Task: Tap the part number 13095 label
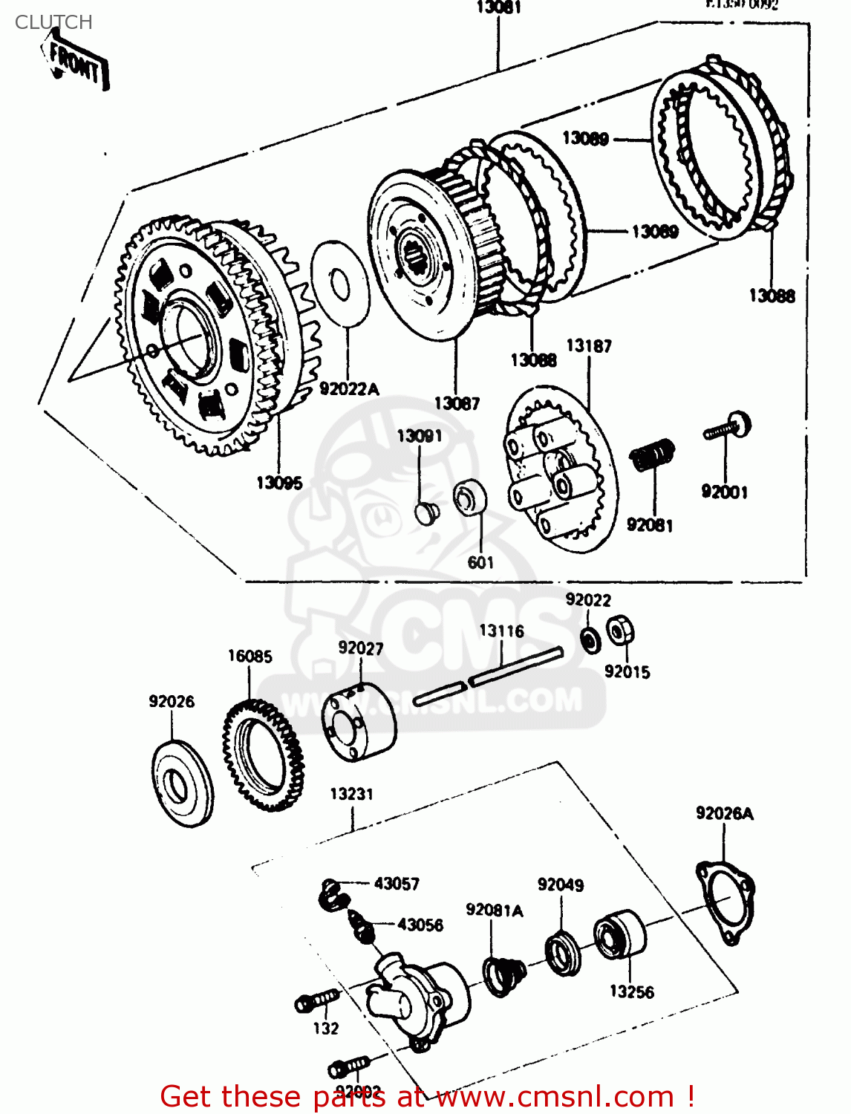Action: click(x=279, y=483)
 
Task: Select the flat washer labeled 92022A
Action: click(x=340, y=283)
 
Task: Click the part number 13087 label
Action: click(x=457, y=403)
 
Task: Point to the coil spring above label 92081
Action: click(x=653, y=454)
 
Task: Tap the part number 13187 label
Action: click(x=589, y=346)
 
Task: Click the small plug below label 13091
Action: click(x=426, y=512)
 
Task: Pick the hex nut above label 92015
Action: click(x=619, y=631)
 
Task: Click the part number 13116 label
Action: click(x=501, y=631)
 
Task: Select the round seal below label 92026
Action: click(x=181, y=783)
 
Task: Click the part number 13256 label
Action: click(x=631, y=991)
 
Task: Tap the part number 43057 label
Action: click(x=397, y=884)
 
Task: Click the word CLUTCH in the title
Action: click(x=53, y=22)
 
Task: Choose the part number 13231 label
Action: click(x=351, y=794)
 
